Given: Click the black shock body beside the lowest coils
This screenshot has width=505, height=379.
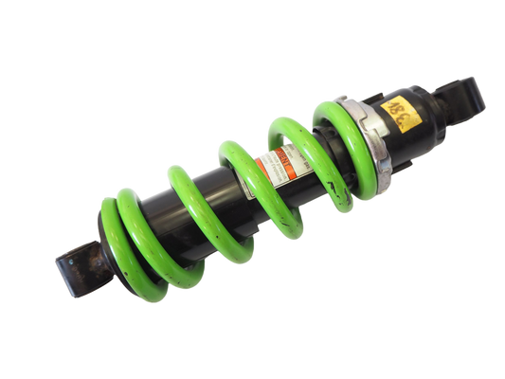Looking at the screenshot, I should (x=156, y=223).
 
